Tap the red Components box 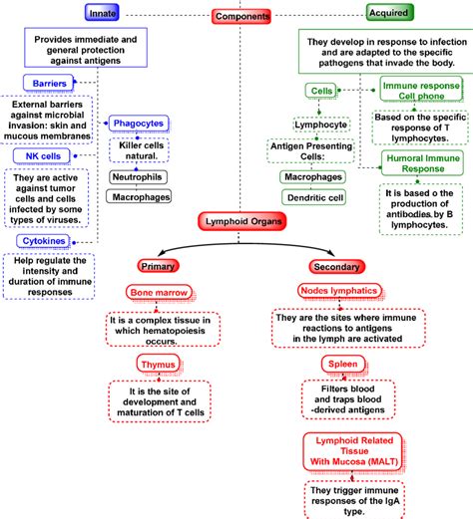coord(242,16)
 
